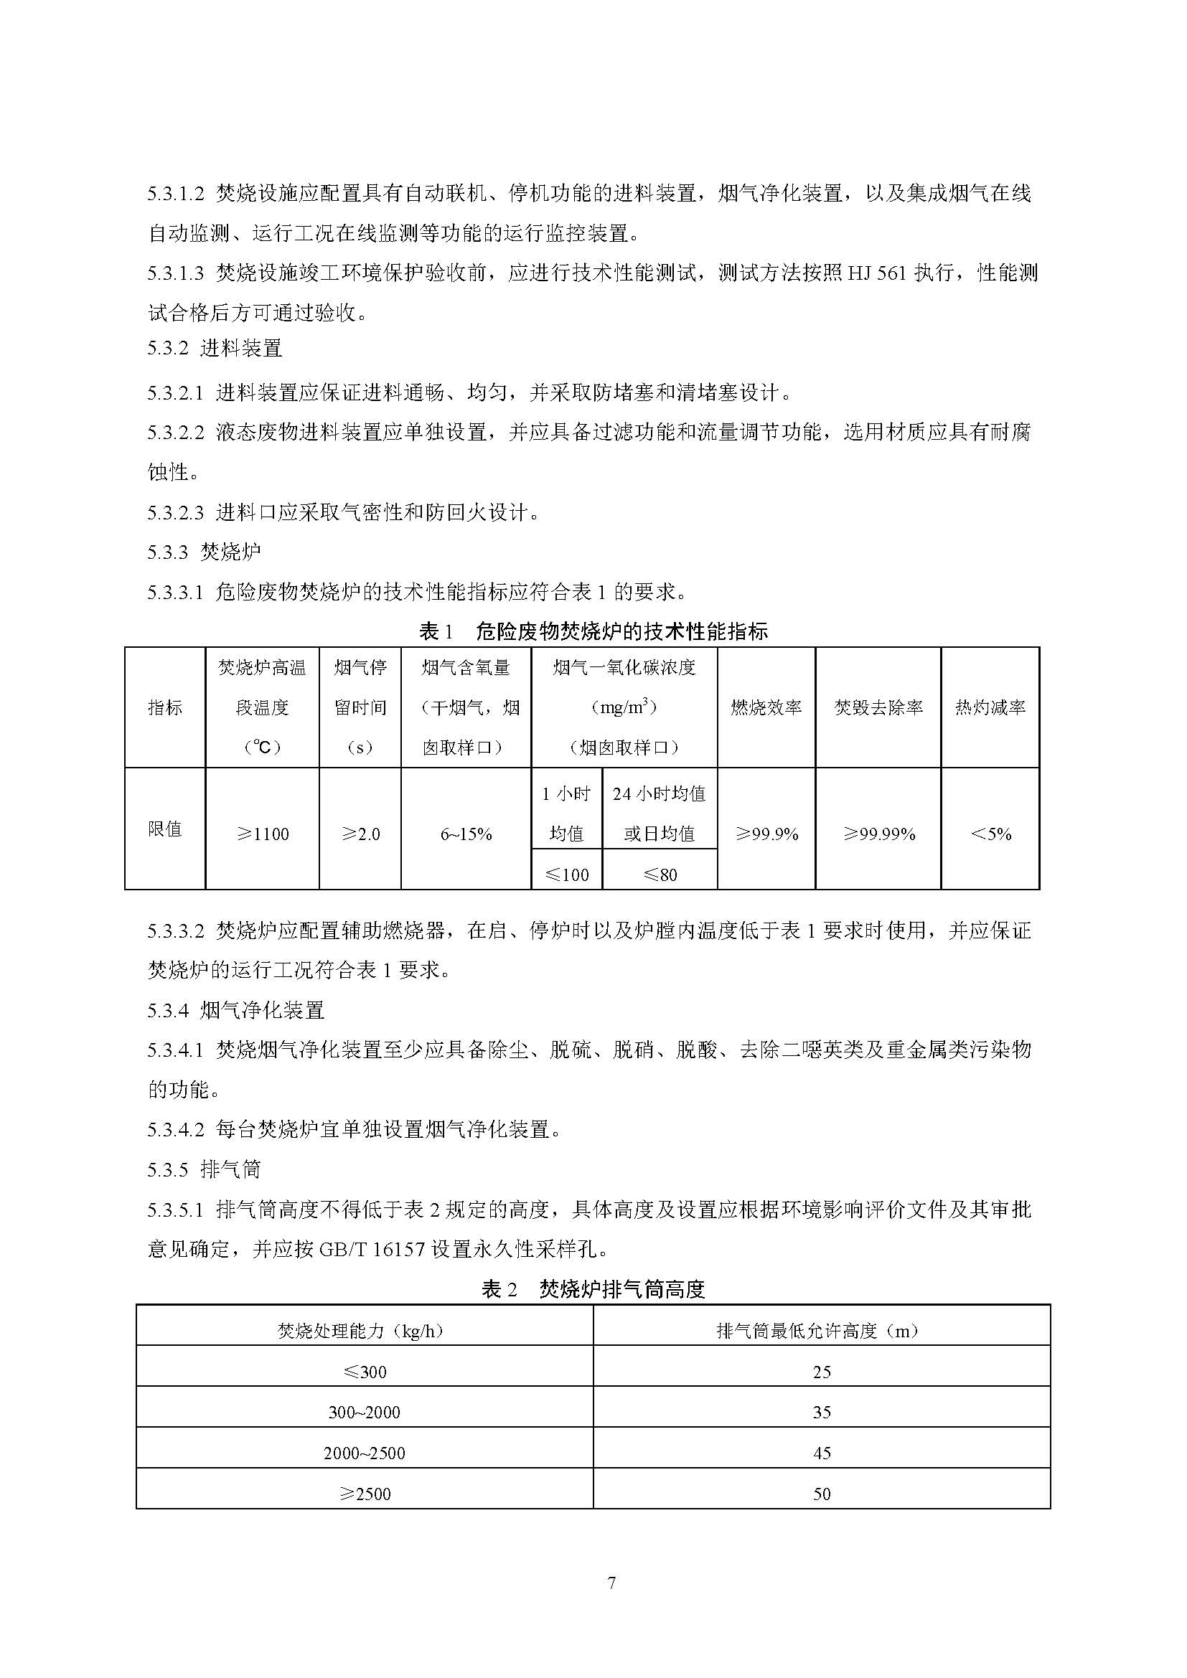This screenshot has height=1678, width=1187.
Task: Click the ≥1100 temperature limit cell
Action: (263, 834)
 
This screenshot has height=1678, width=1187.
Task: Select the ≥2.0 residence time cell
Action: (360, 834)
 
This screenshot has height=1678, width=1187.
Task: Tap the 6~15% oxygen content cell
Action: (466, 834)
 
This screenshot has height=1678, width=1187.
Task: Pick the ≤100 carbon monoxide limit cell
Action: (566, 874)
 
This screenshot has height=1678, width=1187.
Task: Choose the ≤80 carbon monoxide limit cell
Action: (660, 874)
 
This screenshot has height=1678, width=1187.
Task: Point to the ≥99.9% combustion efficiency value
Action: (766, 834)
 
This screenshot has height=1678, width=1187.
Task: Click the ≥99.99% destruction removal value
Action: (878, 834)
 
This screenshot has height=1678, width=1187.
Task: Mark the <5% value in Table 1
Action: (990, 834)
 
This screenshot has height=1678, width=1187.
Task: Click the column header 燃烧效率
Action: (766, 707)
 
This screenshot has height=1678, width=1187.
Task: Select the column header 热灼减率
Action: (990, 707)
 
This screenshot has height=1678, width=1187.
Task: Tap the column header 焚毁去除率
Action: (878, 707)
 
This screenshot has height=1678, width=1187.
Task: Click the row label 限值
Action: (164, 829)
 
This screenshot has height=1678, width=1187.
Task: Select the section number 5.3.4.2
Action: (175, 1130)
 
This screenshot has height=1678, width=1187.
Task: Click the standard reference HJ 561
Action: (876, 273)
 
